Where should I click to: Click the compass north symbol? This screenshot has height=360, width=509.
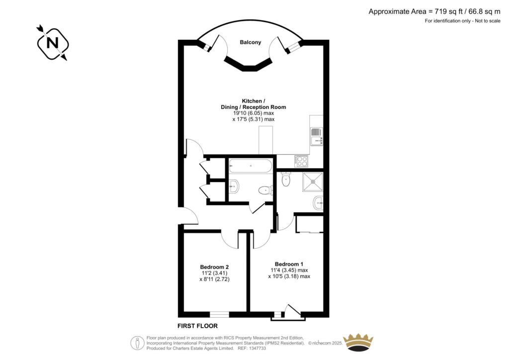[52, 43]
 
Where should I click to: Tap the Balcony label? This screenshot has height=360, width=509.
[251, 43]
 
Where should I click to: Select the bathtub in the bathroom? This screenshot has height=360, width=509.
[251, 166]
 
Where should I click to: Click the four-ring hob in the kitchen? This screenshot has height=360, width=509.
[301, 161]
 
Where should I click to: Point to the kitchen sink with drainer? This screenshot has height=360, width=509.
[316, 136]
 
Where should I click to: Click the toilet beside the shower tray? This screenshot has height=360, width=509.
[286, 179]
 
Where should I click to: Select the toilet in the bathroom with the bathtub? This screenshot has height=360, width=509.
[264, 190]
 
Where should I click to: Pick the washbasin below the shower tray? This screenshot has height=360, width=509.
[318, 202]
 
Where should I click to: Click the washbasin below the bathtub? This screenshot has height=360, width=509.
[234, 187]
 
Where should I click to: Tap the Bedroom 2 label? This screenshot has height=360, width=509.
[214, 267]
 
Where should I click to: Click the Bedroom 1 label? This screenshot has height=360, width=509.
[289, 264]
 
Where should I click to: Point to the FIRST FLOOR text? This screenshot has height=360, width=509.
[198, 326]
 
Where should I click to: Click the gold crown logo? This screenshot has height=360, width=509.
[358, 343]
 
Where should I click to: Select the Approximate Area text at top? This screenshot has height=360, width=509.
[434, 11]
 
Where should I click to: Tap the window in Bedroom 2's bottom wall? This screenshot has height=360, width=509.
[219, 314]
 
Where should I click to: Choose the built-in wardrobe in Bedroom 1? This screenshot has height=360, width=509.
[309, 224]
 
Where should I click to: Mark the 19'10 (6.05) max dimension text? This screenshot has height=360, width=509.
[254, 113]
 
